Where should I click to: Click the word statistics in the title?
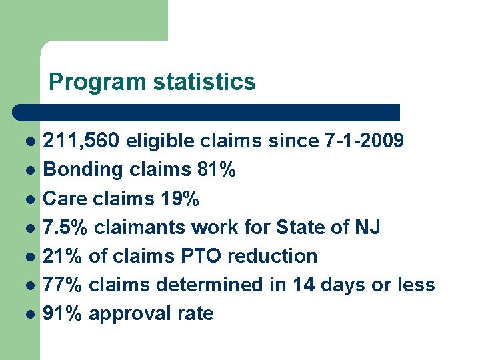(x=204, y=82)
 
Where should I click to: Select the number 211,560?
(x=81, y=141)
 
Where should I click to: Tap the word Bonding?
(x=83, y=170)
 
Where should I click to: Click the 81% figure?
(x=217, y=170)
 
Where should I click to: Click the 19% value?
(x=181, y=199)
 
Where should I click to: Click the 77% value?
(x=63, y=285)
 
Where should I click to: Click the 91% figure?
(x=63, y=313)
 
